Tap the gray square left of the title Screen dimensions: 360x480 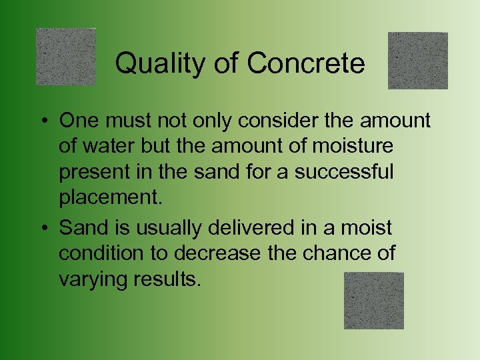pyautogui.click(x=66, y=57)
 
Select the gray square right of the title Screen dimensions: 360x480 pyautogui.click(x=418, y=61)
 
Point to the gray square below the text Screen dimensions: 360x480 pyautogui.click(x=374, y=301)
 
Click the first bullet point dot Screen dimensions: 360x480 pyautogui.click(x=42, y=121)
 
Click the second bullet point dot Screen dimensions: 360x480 pyautogui.click(x=42, y=228)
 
